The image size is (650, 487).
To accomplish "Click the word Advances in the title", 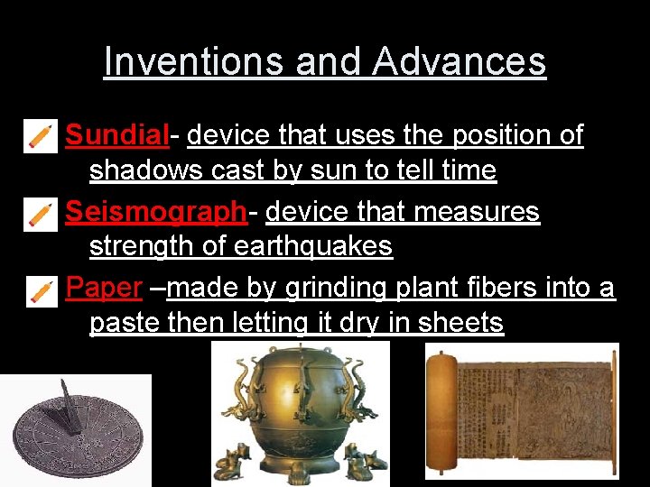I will [459, 62].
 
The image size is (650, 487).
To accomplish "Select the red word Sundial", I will [117, 135].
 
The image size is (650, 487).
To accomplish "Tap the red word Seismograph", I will [155, 212].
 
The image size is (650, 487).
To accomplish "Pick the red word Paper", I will [104, 288].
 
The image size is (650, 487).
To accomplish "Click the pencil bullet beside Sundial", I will [41, 136].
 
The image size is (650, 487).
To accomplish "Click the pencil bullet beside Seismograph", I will [41, 214].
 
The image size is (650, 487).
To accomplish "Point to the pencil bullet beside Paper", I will [41, 289].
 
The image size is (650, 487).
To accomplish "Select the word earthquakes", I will [312, 246].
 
